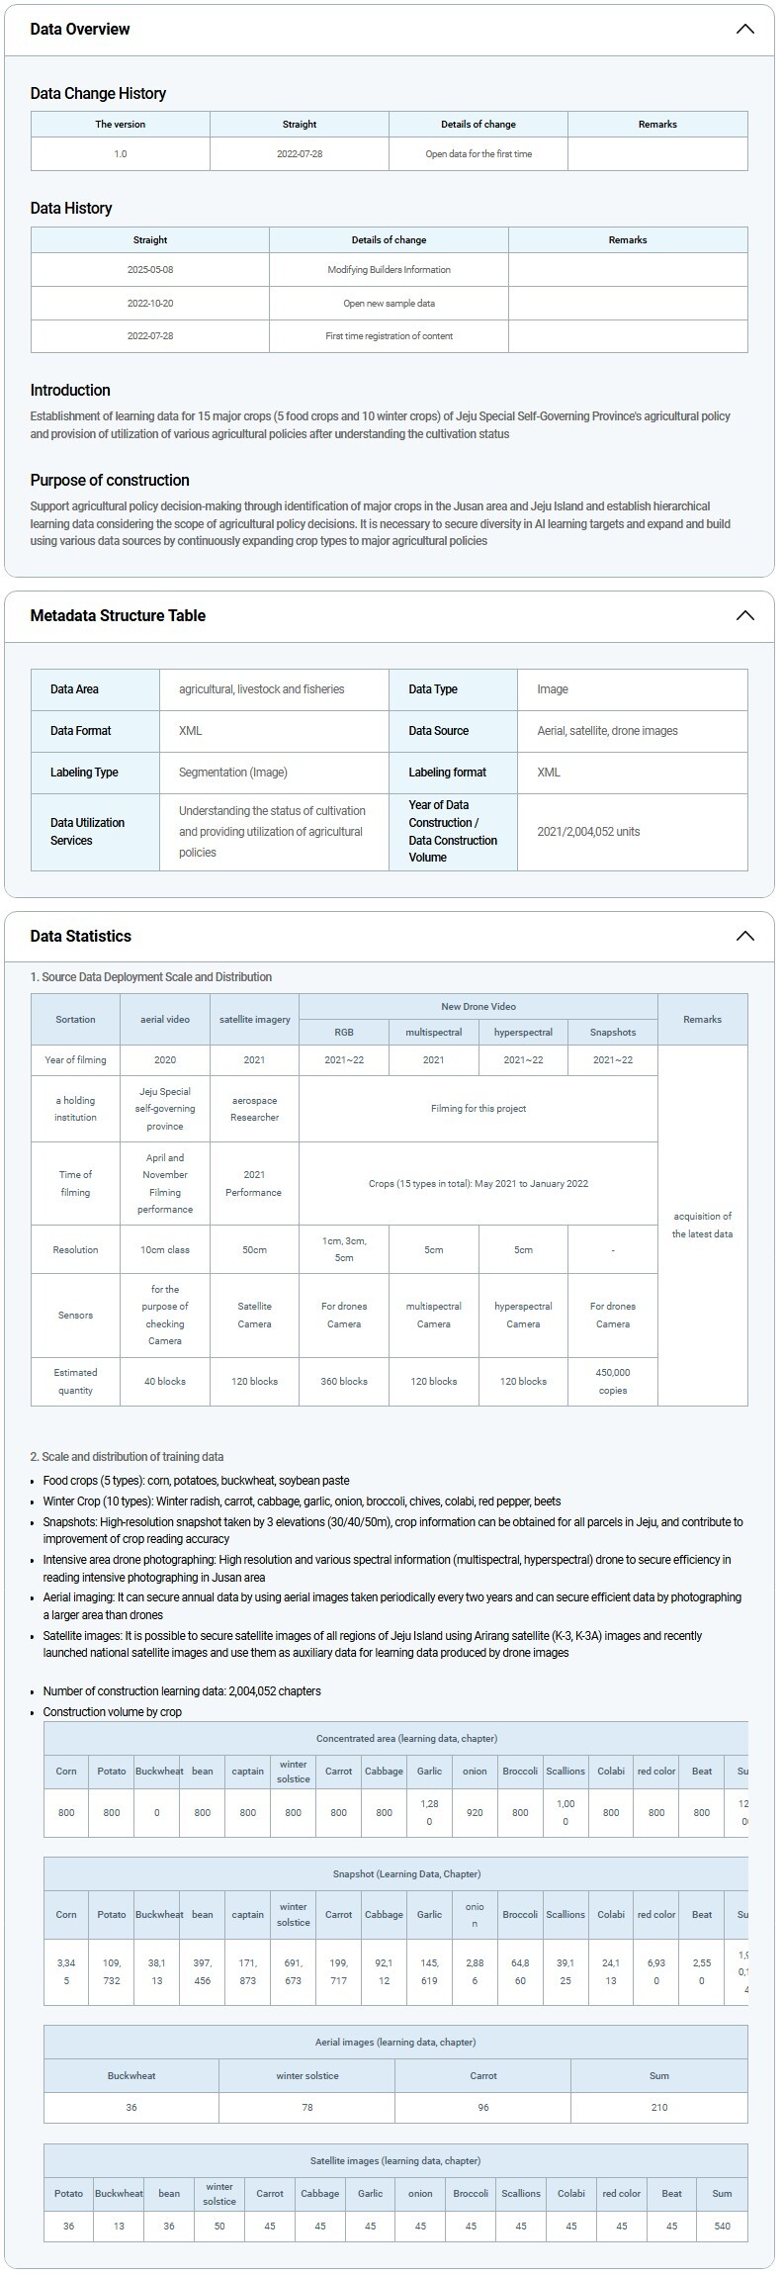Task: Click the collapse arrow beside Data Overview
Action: [744, 29]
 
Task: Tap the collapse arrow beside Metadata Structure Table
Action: [744, 615]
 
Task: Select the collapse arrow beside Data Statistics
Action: [744, 936]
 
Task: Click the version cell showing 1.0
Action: [121, 154]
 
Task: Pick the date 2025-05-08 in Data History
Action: [150, 270]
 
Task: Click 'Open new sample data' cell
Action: [389, 304]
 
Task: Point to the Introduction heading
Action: [70, 390]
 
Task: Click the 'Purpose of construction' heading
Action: [110, 480]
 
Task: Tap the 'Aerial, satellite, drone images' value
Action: [607, 731]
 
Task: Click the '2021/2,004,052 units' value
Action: [588, 832]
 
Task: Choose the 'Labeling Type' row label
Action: [84, 773]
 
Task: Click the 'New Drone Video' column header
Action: [478, 1006]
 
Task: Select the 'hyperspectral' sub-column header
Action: [523, 1032]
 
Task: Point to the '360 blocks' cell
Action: [344, 1381]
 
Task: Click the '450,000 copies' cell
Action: [613, 1381]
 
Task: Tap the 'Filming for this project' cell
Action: [478, 1109]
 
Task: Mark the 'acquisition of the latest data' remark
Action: [702, 1225]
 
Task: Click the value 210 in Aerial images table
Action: [659, 2107]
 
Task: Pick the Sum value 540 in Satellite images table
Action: [722, 2226]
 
